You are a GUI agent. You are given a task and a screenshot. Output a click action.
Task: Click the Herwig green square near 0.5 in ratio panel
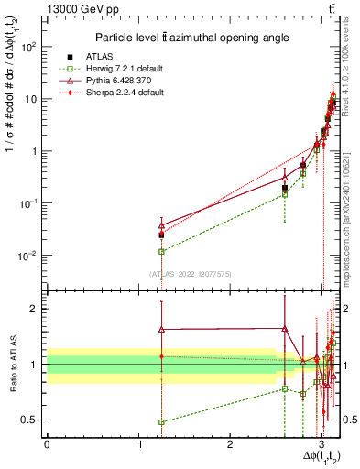(x=162, y=422)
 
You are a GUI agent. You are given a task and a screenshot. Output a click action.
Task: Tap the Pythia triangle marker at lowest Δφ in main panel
(x=162, y=225)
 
